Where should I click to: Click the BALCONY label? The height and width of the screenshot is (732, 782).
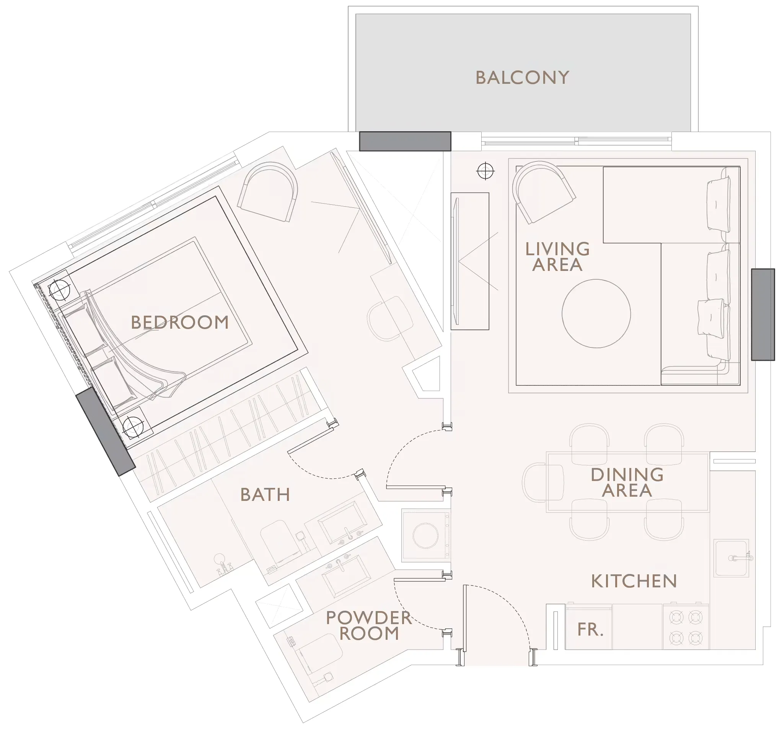tap(522, 78)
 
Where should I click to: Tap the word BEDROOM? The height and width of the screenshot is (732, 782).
tap(180, 323)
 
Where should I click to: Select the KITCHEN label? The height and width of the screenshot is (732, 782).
tap(634, 581)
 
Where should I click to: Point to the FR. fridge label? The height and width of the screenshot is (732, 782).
tap(590, 630)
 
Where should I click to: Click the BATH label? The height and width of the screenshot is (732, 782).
tap(265, 495)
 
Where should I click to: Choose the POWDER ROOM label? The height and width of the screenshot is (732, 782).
tap(368, 626)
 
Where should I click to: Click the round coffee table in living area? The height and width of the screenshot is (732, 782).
tap(596, 313)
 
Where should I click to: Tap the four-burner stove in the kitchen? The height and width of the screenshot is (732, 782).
tap(686, 628)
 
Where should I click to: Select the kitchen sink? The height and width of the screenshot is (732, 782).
tap(731, 558)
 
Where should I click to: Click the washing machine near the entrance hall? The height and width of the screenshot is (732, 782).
tap(425, 535)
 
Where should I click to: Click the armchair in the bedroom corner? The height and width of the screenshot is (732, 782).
tap(268, 193)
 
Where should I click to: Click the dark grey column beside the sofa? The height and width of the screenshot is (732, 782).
tap(763, 314)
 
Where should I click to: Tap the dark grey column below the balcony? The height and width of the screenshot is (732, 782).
tap(405, 141)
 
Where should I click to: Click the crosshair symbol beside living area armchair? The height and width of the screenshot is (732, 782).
tap(485, 171)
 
